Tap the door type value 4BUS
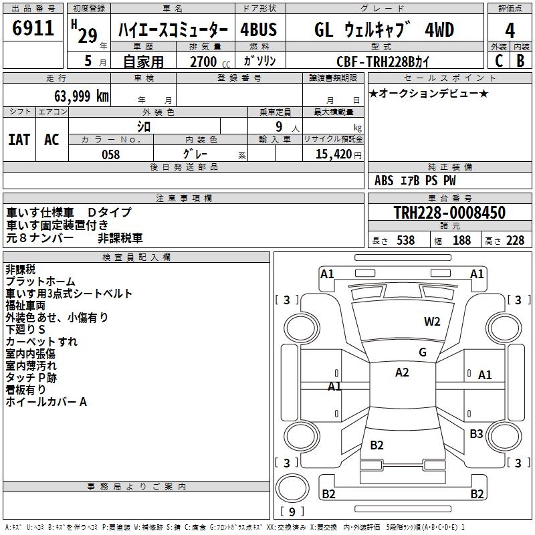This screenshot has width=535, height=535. click(x=258, y=30)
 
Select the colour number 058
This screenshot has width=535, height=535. click(x=110, y=154)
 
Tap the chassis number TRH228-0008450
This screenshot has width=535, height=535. click(x=449, y=213)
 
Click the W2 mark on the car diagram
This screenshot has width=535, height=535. click(x=432, y=321)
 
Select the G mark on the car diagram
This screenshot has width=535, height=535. click(x=423, y=352)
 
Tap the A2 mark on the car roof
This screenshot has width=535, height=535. click(x=402, y=372)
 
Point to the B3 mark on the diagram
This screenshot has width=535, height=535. click(x=476, y=434)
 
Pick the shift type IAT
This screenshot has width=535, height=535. click(x=19, y=140)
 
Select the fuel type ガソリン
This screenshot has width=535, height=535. click(x=259, y=61)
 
